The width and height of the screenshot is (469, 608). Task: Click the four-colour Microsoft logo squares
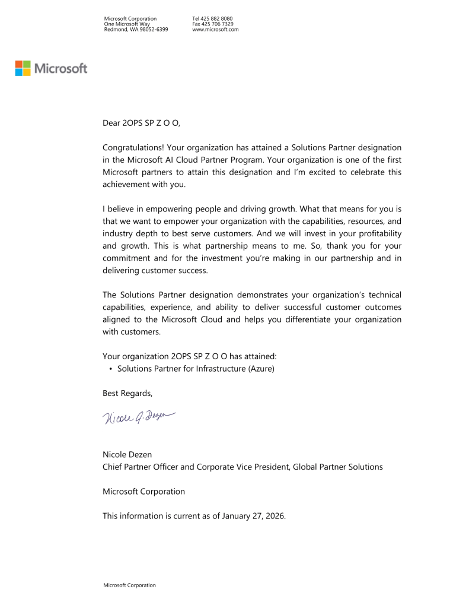pyautogui.click(x=23, y=68)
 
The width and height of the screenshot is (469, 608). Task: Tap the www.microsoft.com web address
pyautogui.click(x=215, y=29)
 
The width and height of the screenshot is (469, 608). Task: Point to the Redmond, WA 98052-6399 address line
pyautogui.click(x=136, y=29)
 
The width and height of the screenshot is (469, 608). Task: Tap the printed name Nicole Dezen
pyautogui.click(x=127, y=455)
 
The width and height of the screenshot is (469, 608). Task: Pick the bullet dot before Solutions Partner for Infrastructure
pyautogui.click(x=111, y=369)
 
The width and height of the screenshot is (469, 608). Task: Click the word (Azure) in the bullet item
pyautogui.click(x=261, y=369)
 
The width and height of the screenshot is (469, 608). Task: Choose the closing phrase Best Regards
pyautogui.click(x=127, y=393)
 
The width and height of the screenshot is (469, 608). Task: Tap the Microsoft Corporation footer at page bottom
pyautogui.click(x=130, y=585)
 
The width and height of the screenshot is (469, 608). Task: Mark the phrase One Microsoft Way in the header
pyautogui.click(x=127, y=24)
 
